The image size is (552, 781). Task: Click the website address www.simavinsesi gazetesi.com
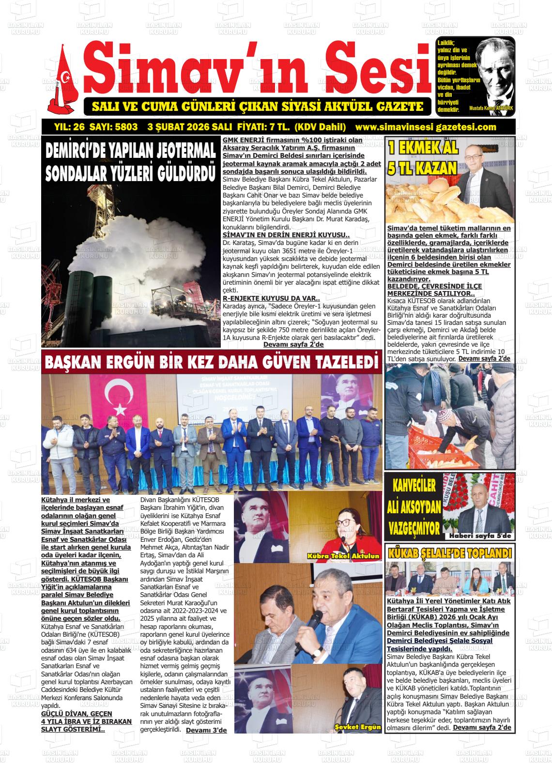coord(426,127)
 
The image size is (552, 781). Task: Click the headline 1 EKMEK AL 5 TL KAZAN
coord(423,158)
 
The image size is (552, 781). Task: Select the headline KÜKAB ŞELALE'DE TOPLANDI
coord(449,552)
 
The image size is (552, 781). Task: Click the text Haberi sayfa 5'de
coord(479,536)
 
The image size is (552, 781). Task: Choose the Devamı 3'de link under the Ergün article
coord(206,730)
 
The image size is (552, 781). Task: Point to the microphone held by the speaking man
coord(303,639)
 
